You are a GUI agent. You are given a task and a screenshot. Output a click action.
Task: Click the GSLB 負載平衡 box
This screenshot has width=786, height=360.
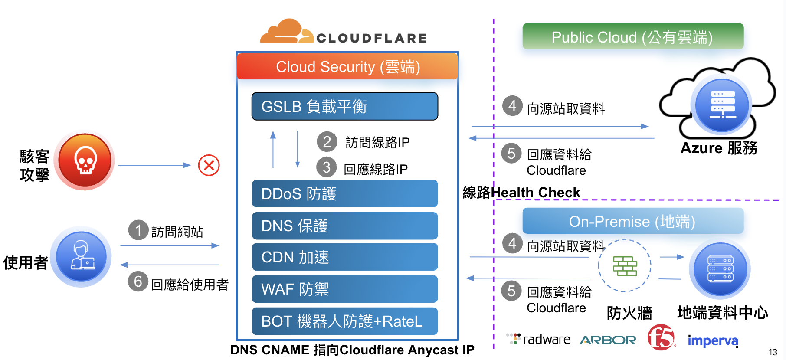[345, 106]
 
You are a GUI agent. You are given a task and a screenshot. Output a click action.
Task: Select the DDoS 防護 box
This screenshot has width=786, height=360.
[345, 193]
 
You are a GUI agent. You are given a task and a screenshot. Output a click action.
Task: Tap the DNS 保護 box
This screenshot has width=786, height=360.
[345, 226]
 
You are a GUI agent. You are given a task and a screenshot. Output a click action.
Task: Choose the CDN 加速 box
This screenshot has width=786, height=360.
[345, 257]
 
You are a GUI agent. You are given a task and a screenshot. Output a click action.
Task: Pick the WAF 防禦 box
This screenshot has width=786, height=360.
[345, 289]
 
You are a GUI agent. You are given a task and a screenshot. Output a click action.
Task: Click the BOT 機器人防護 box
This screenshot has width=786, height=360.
[345, 321]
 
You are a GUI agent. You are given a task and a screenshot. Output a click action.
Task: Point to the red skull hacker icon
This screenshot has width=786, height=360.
[85, 161]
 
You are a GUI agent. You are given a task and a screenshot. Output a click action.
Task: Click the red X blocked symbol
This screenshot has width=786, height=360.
[209, 165]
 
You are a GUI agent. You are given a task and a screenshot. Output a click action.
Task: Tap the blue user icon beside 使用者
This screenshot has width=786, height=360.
[82, 256]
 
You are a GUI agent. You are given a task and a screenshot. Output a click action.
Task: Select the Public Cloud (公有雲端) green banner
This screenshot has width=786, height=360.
[633, 36]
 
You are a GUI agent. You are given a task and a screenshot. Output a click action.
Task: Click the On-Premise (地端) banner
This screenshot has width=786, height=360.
[633, 221]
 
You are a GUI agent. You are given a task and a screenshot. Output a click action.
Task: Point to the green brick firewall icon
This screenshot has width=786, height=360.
[625, 265]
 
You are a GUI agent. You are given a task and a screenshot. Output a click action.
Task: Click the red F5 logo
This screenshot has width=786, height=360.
[661, 337]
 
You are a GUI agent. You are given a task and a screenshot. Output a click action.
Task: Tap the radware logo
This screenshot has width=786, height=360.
[539, 339]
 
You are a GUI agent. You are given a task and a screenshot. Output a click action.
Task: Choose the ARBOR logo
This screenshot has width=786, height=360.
[608, 340]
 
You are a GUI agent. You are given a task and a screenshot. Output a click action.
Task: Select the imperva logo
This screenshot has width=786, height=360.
[713, 341]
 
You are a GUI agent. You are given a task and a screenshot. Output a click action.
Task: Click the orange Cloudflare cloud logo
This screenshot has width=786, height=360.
[287, 32]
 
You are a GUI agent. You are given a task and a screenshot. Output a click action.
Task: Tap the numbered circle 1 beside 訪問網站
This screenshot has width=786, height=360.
[138, 230]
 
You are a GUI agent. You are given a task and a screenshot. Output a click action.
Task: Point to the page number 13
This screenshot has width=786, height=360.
[773, 352]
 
